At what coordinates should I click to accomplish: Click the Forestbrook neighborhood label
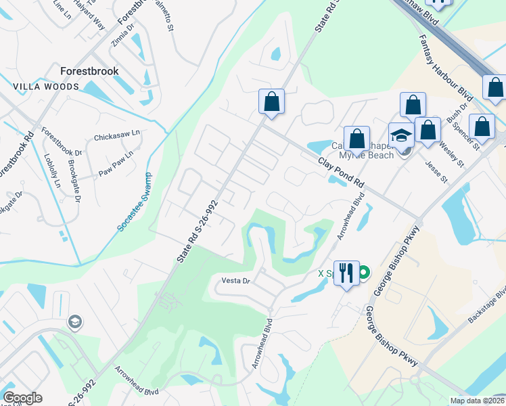click(89, 71)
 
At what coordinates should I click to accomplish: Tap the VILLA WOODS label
click(46, 87)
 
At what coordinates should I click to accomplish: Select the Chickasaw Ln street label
click(116, 135)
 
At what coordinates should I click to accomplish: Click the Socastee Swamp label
click(134, 203)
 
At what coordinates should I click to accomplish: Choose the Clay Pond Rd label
click(341, 174)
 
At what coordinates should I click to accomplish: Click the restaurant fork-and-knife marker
click(346, 273)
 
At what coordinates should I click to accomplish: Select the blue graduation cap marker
click(402, 135)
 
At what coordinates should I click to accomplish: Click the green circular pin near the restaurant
click(364, 273)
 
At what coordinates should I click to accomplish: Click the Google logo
click(22, 398)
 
